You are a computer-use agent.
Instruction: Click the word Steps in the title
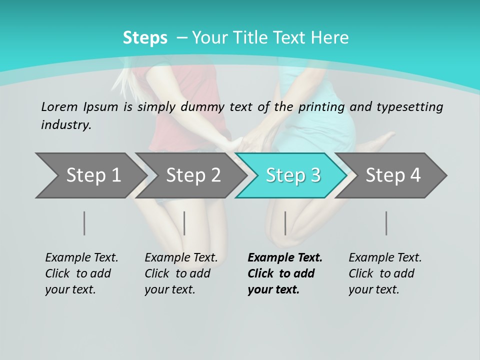click(145, 38)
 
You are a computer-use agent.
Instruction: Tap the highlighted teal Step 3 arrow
click(293, 175)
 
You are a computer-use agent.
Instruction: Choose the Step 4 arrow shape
click(393, 175)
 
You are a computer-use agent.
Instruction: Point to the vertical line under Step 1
click(84, 223)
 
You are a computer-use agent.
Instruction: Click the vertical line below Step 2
click(184, 223)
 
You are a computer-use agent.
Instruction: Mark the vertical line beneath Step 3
click(285, 223)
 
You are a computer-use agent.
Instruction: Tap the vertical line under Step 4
click(386, 223)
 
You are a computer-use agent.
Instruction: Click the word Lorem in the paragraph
click(59, 107)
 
